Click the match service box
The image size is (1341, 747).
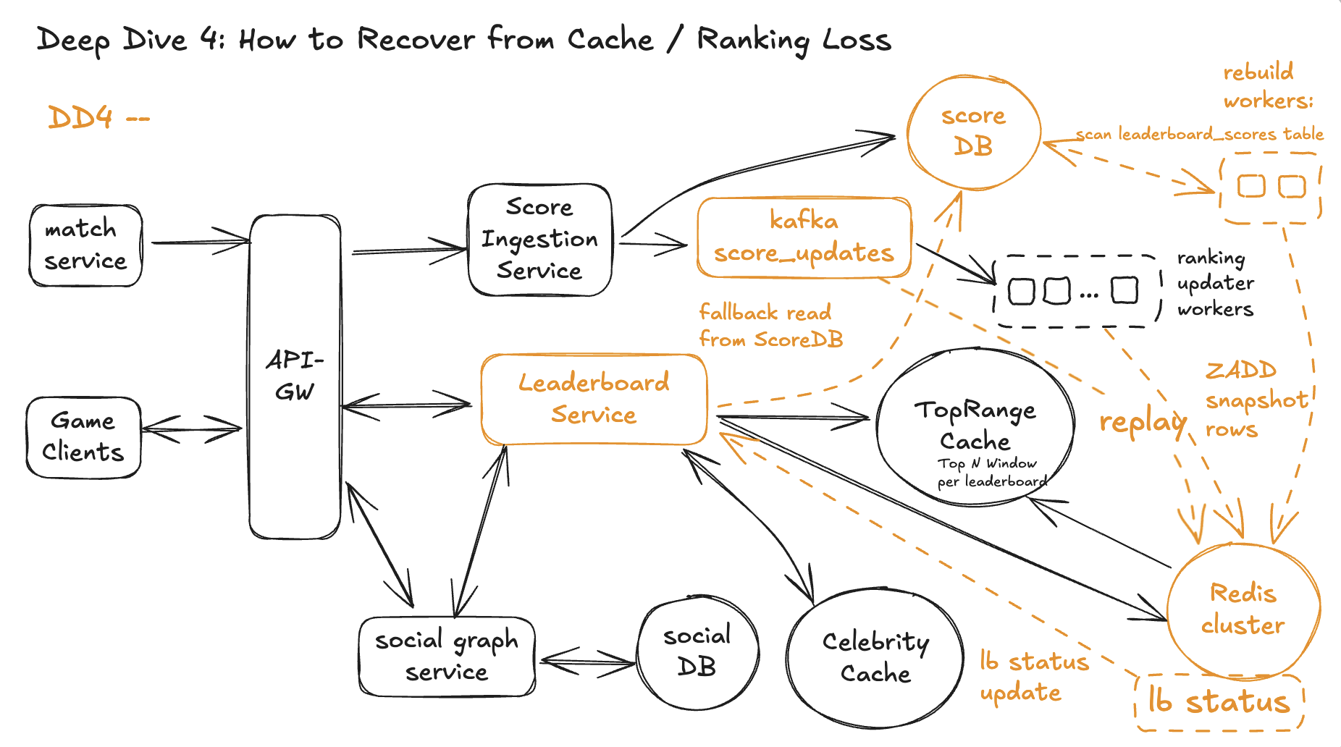[85, 245]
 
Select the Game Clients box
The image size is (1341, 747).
[83, 436]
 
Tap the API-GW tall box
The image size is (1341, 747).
[295, 376]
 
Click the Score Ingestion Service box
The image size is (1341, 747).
[539, 240]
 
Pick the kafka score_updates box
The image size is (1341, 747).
[804, 237]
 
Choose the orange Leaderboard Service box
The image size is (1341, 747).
[594, 399]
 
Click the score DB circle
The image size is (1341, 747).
[973, 132]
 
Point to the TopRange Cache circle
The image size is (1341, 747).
[975, 426]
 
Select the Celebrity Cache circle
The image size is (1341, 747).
[875, 657]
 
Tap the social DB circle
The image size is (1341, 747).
[697, 651]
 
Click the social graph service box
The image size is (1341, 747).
[447, 656]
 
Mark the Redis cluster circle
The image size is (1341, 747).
[1243, 609]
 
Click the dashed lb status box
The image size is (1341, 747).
[1219, 701]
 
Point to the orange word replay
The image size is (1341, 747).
[1143, 422]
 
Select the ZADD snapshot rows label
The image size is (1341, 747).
[1255, 400]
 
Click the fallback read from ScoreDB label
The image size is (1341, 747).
[770, 326]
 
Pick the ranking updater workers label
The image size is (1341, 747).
[1215, 284]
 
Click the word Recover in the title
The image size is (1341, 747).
[416, 39]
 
